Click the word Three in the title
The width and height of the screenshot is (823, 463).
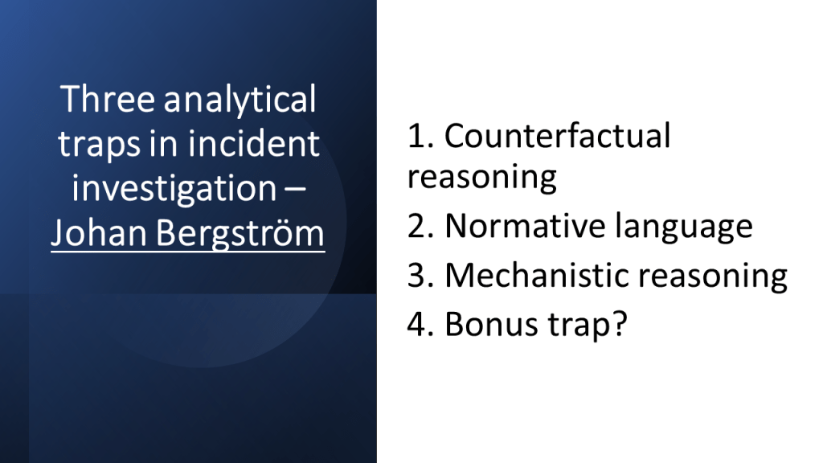point(108,99)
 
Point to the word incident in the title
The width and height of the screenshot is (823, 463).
point(253,143)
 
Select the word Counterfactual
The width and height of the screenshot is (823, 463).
point(558,135)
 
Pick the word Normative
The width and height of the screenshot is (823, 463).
point(525,226)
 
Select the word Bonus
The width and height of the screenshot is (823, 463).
point(492,324)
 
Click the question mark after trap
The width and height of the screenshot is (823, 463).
point(620,323)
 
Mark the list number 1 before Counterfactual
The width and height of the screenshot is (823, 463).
point(420,135)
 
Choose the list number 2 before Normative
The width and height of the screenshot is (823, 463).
point(420,226)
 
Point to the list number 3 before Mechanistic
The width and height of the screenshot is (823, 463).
point(420,275)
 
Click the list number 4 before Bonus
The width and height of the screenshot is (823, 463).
point(420,324)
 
